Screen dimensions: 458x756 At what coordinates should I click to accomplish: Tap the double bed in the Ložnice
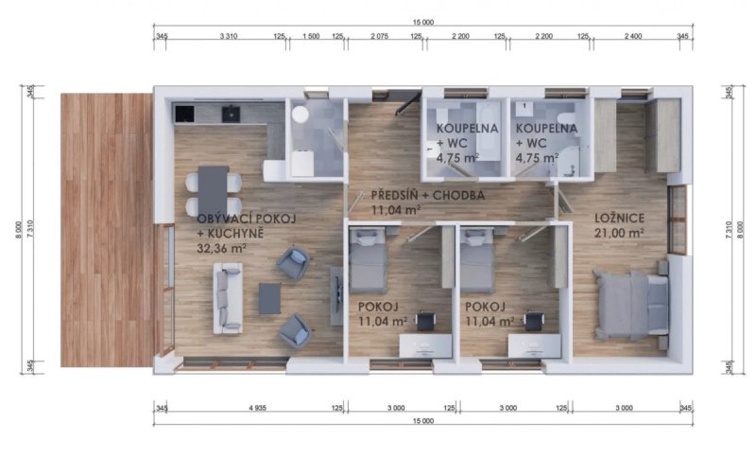[x=630, y=304]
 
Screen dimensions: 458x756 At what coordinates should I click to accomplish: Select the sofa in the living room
[x=228, y=297]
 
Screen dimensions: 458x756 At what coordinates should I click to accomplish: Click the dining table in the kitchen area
[x=214, y=189]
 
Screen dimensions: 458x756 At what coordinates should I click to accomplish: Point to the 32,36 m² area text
[x=223, y=248]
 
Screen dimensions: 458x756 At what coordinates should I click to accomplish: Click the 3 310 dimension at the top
[x=227, y=36]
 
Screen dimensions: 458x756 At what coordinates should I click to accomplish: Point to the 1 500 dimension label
[x=309, y=36]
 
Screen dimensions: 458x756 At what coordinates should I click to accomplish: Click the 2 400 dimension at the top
[x=633, y=36]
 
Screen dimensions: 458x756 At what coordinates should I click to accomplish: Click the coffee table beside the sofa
[x=269, y=298]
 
